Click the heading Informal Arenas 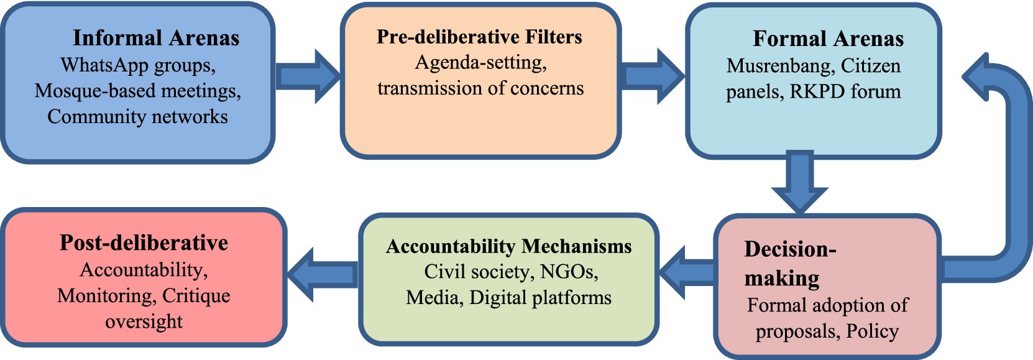(156, 38)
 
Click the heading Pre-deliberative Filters (479, 37)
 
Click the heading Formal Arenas (828, 39)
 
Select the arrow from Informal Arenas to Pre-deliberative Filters (308, 76)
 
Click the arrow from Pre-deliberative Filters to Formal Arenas (653, 76)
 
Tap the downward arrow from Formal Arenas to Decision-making (799, 182)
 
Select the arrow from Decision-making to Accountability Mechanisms (686, 272)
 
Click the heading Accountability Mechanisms (508, 246)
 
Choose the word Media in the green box (434, 298)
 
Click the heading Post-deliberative (144, 242)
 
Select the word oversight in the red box (144, 321)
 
